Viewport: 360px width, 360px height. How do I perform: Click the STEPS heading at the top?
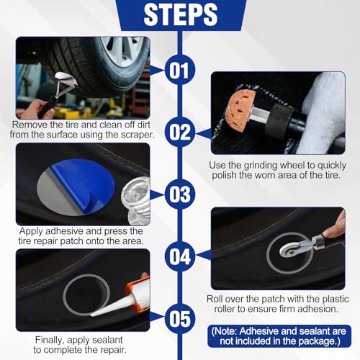pyautogui.click(x=181, y=14)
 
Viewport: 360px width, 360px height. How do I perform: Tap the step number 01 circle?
pyautogui.click(x=180, y=70)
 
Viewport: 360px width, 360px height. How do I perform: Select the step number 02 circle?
pyautogui.click(x=180, y=132)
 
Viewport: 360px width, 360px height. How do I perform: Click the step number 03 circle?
pyautogui.click(x=180, y=194)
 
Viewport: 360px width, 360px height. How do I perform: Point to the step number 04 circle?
pyautogui.click(x=180, y=256)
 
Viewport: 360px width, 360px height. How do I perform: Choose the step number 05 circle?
pyautogui.click(x=180, y=319)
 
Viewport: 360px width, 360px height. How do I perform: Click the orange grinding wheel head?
pyautogui.click(x=240, y=107)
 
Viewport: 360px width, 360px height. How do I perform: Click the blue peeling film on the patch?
pyautogui.click(x=84, y=185)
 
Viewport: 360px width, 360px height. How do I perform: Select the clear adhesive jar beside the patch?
pyautogui.click(x=136, y=200)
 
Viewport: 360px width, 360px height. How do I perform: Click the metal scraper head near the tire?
pyautogui.click(x=64, y=79)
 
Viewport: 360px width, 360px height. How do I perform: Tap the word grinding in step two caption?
pyautogui.click(x=261, y=165)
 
